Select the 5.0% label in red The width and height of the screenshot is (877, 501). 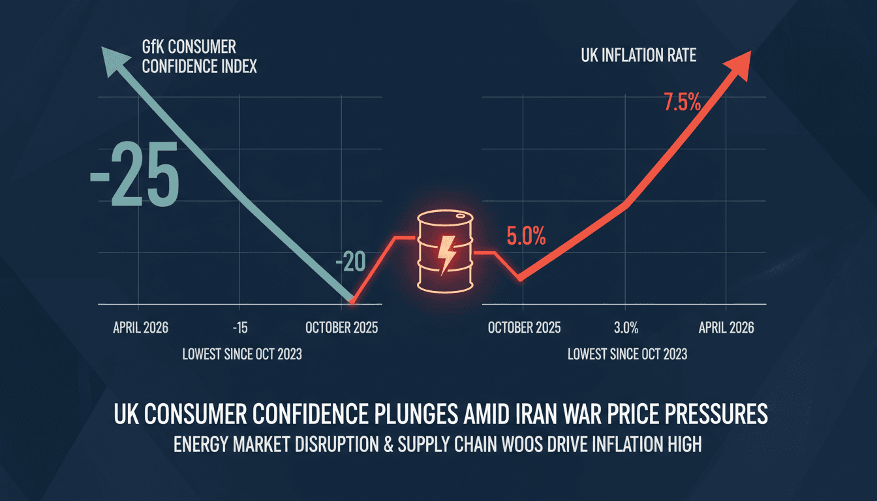pos(525,235)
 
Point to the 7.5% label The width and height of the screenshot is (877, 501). pos(682,102)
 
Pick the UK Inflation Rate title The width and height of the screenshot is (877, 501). pos(638,56)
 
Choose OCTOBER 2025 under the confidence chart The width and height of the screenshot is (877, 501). pos(341,327)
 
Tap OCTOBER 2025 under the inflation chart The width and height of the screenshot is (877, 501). pos(524,327)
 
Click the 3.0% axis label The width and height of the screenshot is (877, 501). pos(625,327)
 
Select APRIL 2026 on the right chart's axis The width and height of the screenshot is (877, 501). pos(726,327)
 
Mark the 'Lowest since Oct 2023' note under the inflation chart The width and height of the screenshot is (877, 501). pos(626,354)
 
